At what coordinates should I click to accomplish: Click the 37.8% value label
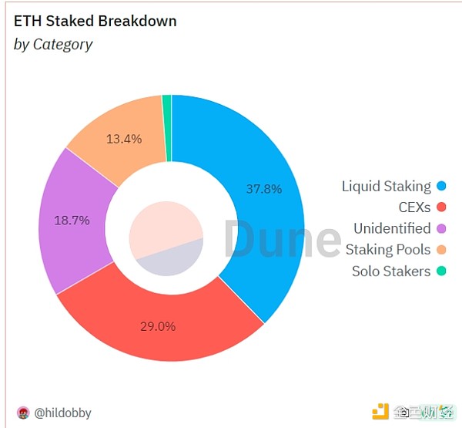click(263, 188)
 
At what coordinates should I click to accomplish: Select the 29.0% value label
click(157, 326)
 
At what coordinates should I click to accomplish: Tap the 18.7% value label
click(72, 220)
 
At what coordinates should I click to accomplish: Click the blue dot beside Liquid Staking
click(441, 186)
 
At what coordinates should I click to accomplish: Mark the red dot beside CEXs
click(441, 207)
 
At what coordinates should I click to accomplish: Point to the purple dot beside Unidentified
click(441, 228)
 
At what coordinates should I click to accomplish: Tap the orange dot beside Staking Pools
click(441, 250)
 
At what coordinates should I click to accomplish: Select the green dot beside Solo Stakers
click(441, 271)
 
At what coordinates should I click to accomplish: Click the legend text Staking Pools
click(388, 250)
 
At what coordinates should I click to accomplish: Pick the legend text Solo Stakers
click(391, 271)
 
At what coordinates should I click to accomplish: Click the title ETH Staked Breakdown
click(95, 21)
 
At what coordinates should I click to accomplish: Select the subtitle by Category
click(53, 44)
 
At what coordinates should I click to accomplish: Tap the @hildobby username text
click(62, 413)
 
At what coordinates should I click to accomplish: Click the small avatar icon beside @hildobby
click(22, 413)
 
